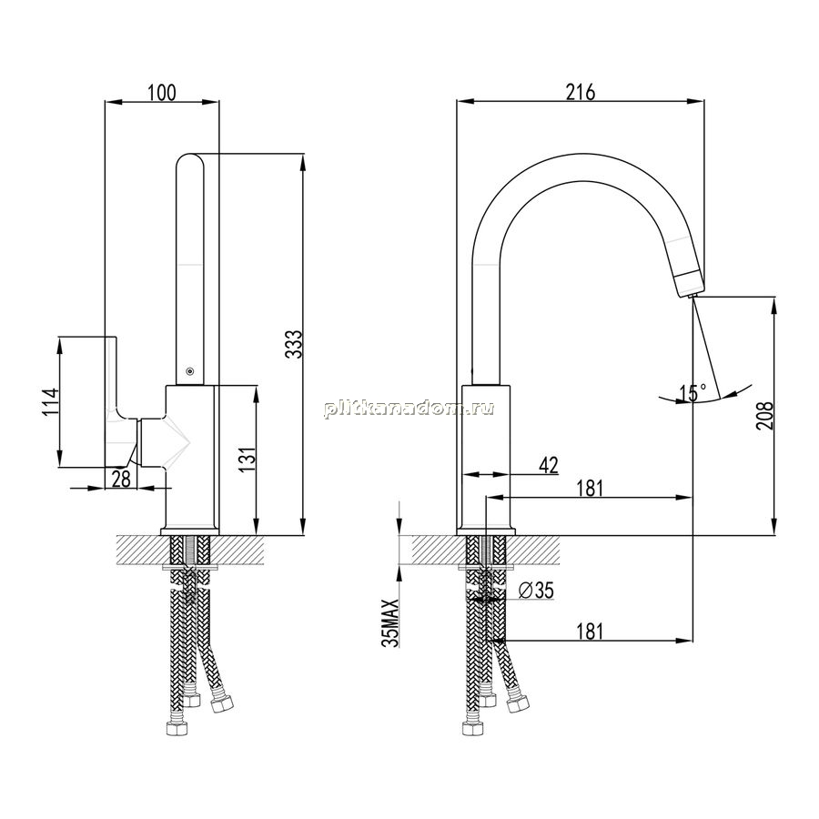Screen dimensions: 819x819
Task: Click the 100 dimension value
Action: [162, 93]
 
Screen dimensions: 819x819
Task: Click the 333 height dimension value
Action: [295, 344]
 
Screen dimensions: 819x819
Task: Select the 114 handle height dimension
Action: [51, 401]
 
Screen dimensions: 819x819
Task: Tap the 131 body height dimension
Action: [249, 460]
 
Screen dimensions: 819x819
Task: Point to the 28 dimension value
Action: [121, 479]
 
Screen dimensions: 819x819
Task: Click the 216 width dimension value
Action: [581, 92]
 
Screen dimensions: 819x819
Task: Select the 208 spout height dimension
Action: [763, 415]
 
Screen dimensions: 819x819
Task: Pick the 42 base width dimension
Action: [549, 465]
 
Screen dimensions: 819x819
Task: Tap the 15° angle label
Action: [693, 393]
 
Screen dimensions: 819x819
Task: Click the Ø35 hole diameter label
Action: [536, 591]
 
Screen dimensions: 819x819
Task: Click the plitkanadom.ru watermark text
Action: [409, 409]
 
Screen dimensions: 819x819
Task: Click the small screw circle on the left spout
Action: [189, 371]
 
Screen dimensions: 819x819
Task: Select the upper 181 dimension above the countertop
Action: [590, 489]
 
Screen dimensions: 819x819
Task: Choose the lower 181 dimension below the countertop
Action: [590, 631]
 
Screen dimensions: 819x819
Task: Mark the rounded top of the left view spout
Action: [190, 157]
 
